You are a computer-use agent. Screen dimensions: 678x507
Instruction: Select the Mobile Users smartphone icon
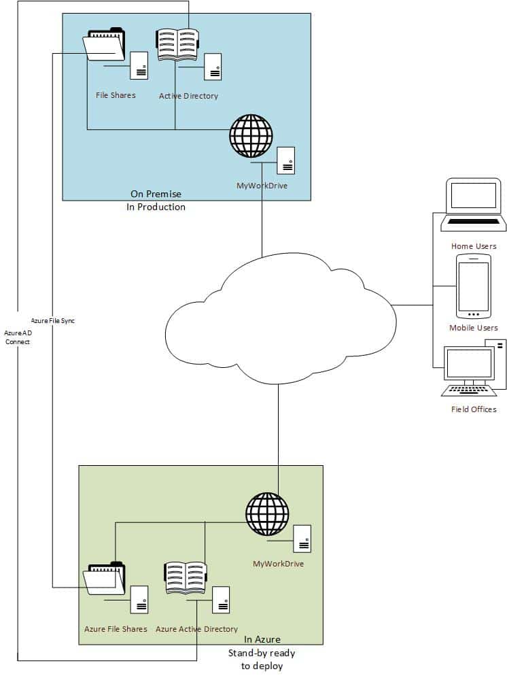(x=473, y=286)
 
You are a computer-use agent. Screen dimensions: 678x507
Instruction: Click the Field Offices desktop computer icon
(x=474, y=370)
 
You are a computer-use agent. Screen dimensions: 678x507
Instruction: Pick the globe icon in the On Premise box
(x=251, y=137)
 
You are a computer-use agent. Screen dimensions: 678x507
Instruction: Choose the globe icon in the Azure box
(x=267, y=514)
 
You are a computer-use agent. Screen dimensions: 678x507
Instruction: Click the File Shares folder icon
(x=104, y=46)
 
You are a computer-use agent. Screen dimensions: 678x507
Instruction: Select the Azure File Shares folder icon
(x=104, y=580)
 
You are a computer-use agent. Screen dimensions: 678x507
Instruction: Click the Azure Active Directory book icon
(x=186, y=579)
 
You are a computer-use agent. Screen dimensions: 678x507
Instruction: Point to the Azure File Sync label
(x=52, y=320)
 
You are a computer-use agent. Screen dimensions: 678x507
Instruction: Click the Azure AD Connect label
(x=18, y=337)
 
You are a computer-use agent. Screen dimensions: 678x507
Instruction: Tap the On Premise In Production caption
(x=156, y=201)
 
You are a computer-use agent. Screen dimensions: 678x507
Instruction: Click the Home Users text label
(x=474, y=246)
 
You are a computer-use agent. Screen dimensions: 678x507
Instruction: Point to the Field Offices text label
(x=474, y=409)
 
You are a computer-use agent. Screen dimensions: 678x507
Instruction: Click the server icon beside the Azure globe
(x=302, y=539)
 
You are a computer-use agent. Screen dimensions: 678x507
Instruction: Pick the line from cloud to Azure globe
(x=278, y=428)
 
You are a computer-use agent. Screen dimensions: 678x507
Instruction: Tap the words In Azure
(x=262, y=639)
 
